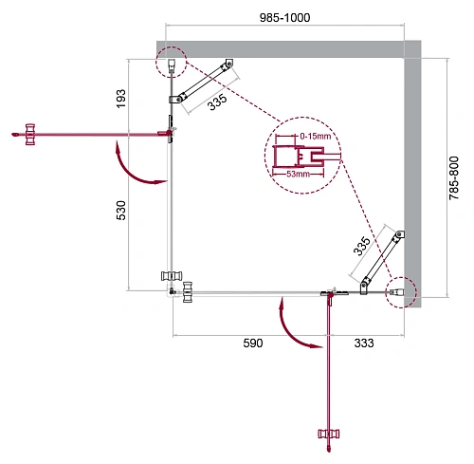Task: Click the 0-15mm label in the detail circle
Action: (x=314, y=138)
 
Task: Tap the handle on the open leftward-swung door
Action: (x=29, y=134)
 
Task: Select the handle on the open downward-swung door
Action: (x=329, y=436)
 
